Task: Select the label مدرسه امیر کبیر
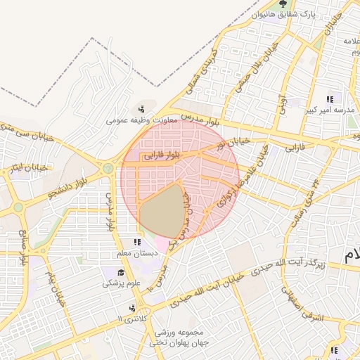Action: point(333,111)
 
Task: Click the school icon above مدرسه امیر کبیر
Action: point(330,99)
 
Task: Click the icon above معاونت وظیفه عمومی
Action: point(142,108)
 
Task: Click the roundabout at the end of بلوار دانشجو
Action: point(108,169)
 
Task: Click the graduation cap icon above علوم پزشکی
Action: point(121,272)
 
